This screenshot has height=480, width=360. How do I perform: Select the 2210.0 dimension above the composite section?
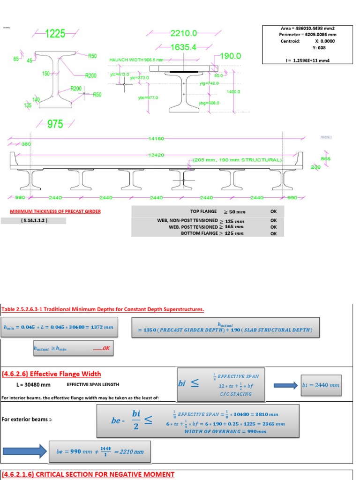[x=184, y=33]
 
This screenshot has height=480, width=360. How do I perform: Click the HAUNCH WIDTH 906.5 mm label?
[x=136, y=60]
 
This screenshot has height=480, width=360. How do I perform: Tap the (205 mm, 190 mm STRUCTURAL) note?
[x=237, y=160]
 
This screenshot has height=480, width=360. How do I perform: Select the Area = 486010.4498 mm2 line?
[x=307, y=28]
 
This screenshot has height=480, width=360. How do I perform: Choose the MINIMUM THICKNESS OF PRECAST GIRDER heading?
[x=55, y=211]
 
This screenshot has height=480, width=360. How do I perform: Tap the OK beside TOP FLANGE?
[x=274, y=211]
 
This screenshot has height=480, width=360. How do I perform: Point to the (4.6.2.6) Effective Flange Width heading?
[x=51, y=374]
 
